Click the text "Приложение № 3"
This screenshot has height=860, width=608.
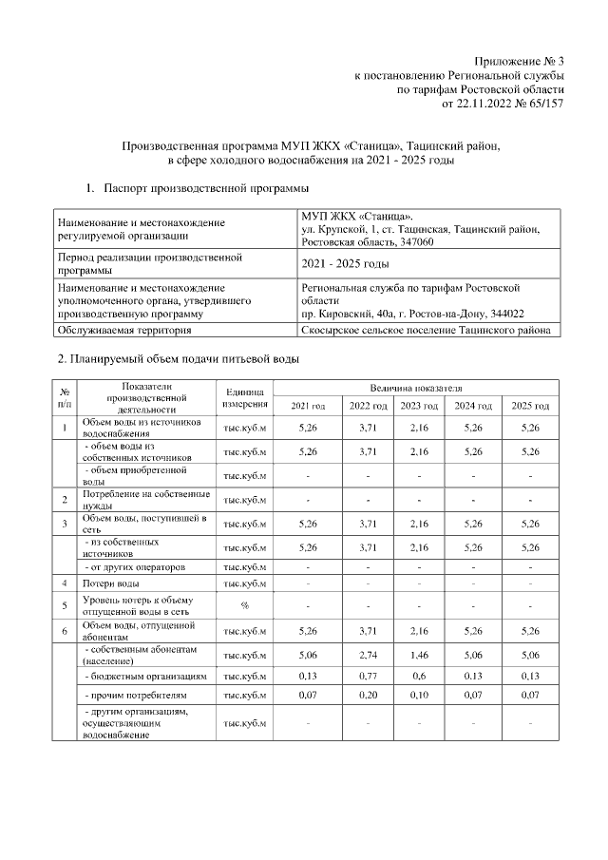(519, 61)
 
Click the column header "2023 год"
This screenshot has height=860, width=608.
(420, 407)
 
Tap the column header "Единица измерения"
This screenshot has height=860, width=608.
(245, 398)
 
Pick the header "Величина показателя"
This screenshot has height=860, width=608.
(418, 389)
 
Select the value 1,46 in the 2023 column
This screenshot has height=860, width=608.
(420, 654)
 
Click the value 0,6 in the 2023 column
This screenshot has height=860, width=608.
(420, 677)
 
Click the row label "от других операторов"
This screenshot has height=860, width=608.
(133, 567)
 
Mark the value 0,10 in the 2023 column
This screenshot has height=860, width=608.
(420, 697)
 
